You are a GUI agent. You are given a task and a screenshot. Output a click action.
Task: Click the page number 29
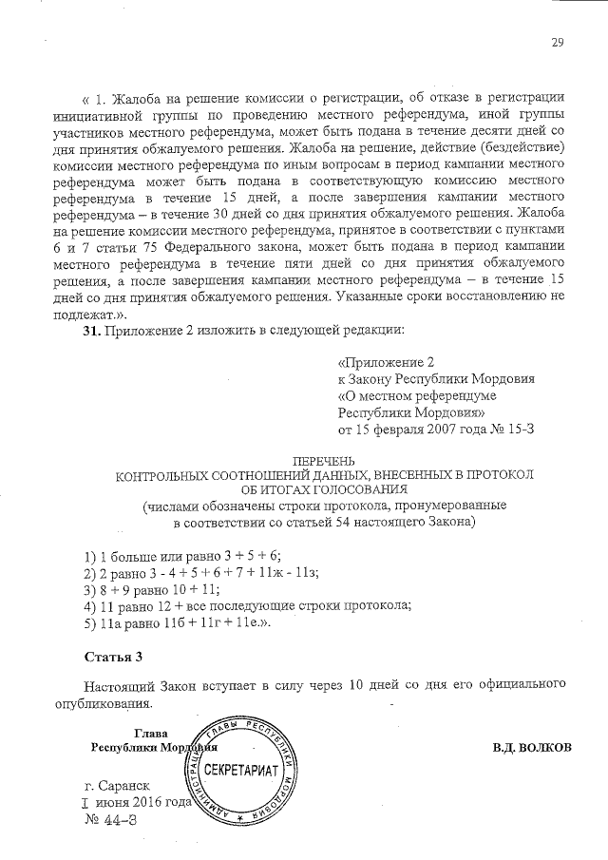point(558,41)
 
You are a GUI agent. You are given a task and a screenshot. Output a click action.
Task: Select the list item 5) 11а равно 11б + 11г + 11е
point(178,623)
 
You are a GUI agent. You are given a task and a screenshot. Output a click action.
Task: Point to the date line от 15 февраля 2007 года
point(422,430)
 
